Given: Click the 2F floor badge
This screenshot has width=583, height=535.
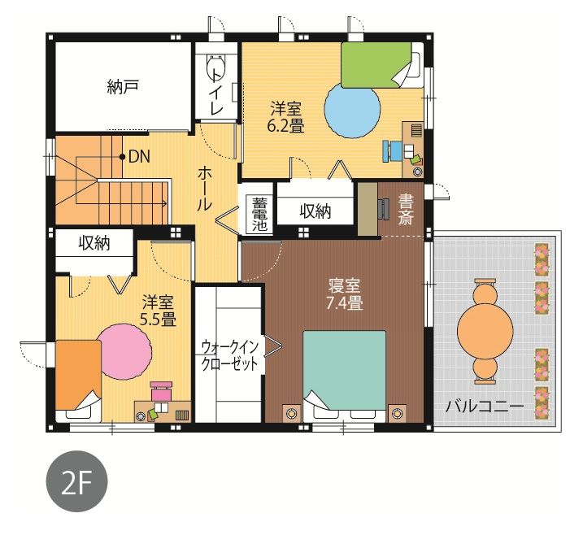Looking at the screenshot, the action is (76, 481).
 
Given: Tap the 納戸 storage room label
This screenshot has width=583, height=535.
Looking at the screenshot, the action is (122, 87).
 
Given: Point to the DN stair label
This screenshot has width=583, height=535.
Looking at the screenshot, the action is (139, 157).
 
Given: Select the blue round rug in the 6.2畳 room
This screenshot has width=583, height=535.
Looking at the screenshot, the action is (352, 110).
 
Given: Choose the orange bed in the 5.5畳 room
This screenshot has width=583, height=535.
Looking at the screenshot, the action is (78, 375).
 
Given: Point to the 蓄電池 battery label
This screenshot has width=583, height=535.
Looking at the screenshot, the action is (260, 215).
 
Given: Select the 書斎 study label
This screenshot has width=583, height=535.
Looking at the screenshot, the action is (405, 210).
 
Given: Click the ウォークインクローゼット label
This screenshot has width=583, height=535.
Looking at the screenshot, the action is (229, 356).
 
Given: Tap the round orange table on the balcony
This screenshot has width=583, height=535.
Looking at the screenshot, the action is (485, 331).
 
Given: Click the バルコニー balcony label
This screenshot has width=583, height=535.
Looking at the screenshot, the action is (485, 406).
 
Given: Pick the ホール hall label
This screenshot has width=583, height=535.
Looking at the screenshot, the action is (204, 189).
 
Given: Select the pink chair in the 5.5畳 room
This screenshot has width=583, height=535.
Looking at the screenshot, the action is (161, 390).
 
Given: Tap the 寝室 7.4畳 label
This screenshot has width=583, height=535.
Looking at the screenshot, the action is (344, 295).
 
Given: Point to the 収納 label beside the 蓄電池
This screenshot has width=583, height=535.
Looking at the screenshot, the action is (315, 211).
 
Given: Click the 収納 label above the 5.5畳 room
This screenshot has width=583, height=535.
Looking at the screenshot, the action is (94, 243).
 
